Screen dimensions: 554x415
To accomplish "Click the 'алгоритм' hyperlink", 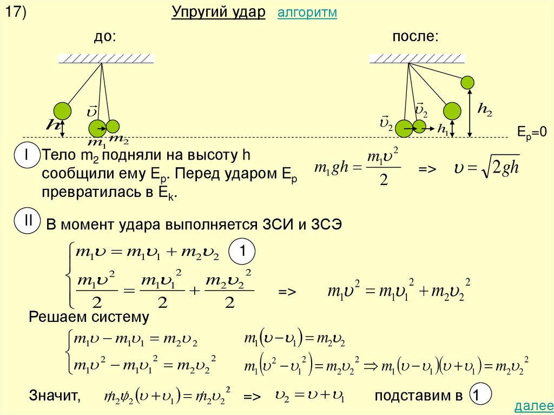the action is pyautogui.click(x=307, y=14).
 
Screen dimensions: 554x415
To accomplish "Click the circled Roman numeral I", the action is pyautogui.click(x=26, y=155).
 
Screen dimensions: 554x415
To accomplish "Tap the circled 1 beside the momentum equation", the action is pyautogui.click(x=243, y=252).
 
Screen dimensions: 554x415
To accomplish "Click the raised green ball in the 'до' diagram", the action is pyautogui.click(x=62, y=110).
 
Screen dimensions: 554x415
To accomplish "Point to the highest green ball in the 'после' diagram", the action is pyautogui.click(x=467, y=82).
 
